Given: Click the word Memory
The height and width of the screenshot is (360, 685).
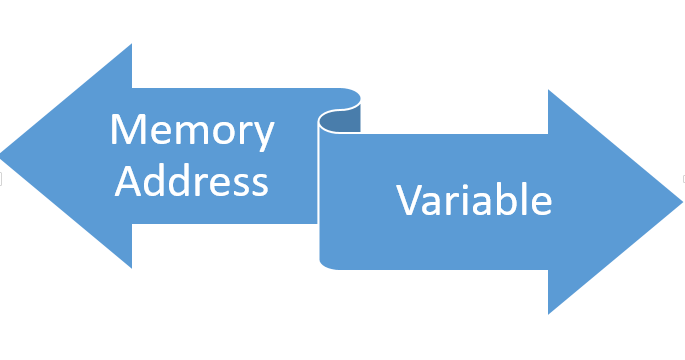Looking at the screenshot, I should pos(191,131).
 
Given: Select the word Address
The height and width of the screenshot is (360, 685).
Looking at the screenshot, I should pos(191,181).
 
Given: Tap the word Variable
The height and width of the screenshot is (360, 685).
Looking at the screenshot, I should pos(473,200).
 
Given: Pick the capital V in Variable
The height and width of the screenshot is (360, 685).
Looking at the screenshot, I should pos(408,200).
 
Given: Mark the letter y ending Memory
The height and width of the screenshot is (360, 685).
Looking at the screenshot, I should pos(264,136).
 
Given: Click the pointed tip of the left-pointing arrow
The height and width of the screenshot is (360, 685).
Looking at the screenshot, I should pos(3,156).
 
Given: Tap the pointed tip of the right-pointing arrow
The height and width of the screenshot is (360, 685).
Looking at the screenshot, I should pos(681,201).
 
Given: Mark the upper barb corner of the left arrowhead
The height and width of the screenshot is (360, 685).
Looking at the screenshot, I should pos(131,45).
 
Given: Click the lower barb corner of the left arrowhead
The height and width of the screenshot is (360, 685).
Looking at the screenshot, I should pos(131,267).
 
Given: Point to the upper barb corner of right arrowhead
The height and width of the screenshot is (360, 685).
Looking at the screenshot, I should pos(549,90).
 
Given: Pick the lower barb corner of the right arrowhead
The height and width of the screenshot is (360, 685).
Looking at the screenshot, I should pos(549,313).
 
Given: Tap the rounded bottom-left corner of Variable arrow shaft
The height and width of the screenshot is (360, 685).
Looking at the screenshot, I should pos(324,264).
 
